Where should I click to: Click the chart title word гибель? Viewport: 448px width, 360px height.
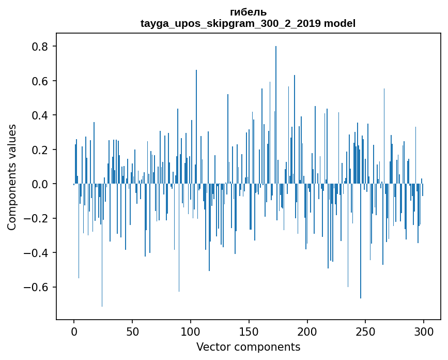coord(248,12)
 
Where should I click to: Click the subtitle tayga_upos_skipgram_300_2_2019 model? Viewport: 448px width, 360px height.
coord(248,23)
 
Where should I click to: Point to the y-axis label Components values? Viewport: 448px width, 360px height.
coord(11,177)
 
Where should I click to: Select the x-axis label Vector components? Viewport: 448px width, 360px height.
coord(248,347)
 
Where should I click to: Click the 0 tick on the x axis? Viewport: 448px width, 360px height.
coord(74,331)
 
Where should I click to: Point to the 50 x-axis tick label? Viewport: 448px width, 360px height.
coord(132,331)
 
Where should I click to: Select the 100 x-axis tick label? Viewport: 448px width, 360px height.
coord(191,331)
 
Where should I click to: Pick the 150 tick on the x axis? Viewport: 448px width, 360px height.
coord(249,331)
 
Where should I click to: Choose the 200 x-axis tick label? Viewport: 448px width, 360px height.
coord(307,331)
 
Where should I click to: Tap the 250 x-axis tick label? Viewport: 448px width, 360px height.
coord(366,331)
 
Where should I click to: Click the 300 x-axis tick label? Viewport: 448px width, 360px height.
coord(424,331)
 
